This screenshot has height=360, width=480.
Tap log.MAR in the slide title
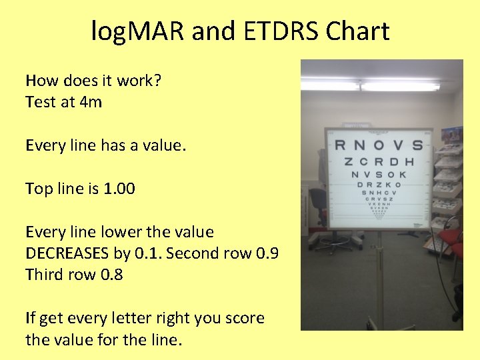(137, 31)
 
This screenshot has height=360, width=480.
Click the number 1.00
(120, 189)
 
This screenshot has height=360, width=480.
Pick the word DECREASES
(74, 253)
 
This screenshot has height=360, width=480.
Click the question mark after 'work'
(158, 81)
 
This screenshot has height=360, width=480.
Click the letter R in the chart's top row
(339, 145)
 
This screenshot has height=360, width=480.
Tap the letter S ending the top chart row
(417, 145)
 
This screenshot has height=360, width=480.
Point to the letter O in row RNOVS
(378, 145)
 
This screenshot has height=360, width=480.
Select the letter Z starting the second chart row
(348, 161)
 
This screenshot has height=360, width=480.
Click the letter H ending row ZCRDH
(409, 161)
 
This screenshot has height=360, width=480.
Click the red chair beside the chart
(453, 240)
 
